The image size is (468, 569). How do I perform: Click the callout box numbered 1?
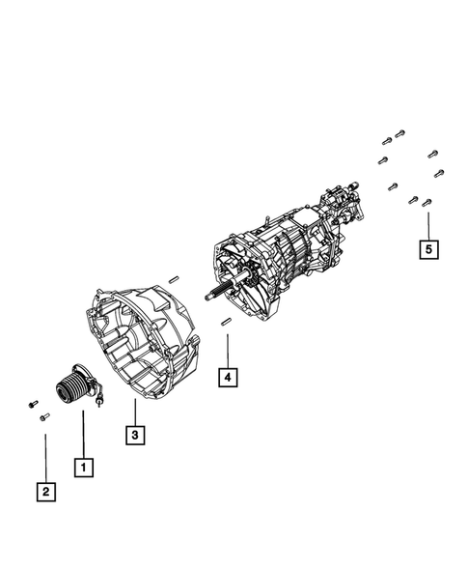(x=85, y=467)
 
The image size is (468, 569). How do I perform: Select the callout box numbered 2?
(x=45, y=492)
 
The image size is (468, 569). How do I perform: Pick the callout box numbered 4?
(x=226, y=378)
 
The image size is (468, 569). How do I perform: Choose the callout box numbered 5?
(x=427, y=249)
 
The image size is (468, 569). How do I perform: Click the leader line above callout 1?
(x=85, y=434)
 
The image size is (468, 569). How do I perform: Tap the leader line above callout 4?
(x=226, y=349)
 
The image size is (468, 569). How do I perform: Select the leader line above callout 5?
(x=427, y=222)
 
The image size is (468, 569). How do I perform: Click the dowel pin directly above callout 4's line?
(x=225, y=320)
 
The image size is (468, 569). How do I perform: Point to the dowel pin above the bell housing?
(x=174, y=280)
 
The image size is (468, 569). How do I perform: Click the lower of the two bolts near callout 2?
(x=44, y=417)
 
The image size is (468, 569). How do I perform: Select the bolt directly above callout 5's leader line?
(x=427, y=202)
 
